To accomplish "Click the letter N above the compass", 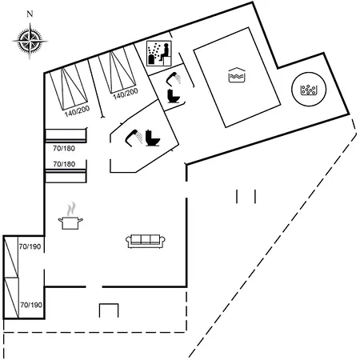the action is coord(30,14).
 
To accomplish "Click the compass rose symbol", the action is coord(30,42).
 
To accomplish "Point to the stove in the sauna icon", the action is coord(151,59).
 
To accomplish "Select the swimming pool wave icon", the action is coord(237,75).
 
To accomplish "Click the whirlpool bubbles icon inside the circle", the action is coord(309,90).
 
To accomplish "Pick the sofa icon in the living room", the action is coord(146,241).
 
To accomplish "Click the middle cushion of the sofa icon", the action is coord(146,239).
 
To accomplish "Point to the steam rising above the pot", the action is coord(71,209).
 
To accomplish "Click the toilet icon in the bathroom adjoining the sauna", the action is coord(174,96).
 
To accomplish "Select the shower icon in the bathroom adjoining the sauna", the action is coord(174,78).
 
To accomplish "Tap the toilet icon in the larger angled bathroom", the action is coord(152,138).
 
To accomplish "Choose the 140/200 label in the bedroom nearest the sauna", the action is coord(126,94).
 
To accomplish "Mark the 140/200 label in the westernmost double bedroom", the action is coord(78,111).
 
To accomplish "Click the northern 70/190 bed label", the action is coord(30,246).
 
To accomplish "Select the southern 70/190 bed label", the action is coord(31,305).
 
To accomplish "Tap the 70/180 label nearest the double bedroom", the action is coord(64,148).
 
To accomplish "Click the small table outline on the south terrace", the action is coord(109,310).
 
